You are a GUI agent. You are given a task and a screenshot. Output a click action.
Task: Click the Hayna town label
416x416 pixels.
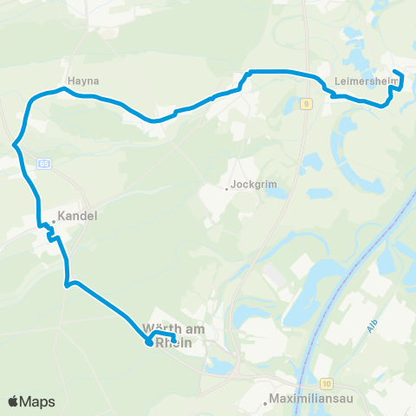click(87, 81)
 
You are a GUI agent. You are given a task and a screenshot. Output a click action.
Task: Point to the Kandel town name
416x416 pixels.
click(77, 217)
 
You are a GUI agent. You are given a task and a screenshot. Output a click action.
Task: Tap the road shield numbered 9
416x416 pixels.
click(307, 105)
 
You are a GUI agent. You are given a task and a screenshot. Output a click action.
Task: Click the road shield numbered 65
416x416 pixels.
click(45, 163)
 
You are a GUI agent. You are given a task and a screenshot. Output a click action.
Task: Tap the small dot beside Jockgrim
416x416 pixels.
click(227, 188)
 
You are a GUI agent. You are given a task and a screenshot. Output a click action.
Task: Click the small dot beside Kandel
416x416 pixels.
click(54, 221)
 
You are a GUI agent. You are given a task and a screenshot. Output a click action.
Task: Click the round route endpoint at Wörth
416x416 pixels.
click(149, 342)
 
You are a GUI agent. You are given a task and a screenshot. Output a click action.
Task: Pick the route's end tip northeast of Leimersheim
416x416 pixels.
click(395, 72)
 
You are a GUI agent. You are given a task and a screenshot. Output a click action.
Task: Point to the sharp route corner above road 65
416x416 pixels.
click(15, 145)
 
